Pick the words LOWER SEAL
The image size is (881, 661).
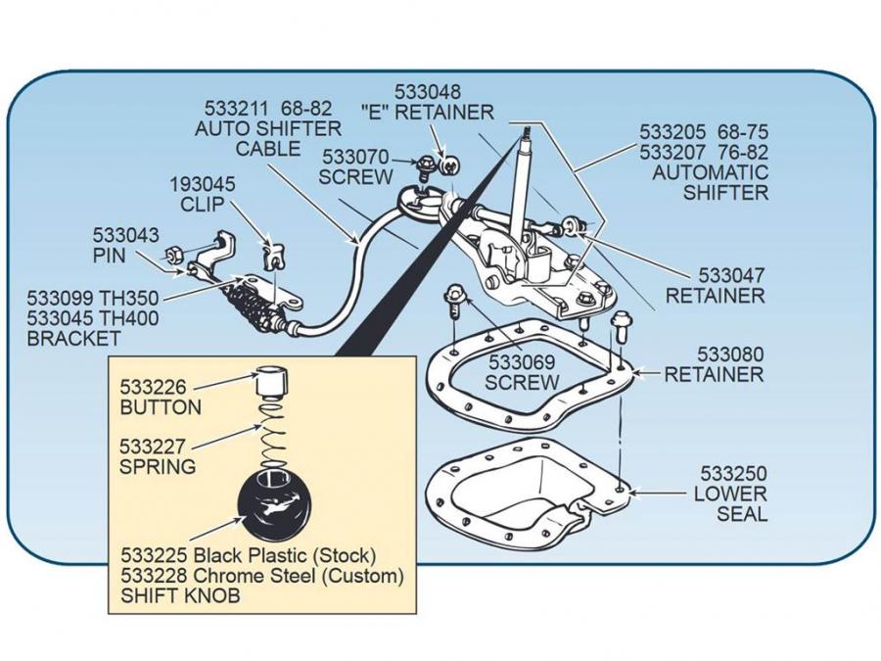tap(730, 504)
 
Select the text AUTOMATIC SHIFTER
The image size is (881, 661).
tap(711, 182)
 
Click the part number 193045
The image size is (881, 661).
tap(204, 183)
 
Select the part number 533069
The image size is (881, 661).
tap(522, 361)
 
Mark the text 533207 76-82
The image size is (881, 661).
tap(704, 152)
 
